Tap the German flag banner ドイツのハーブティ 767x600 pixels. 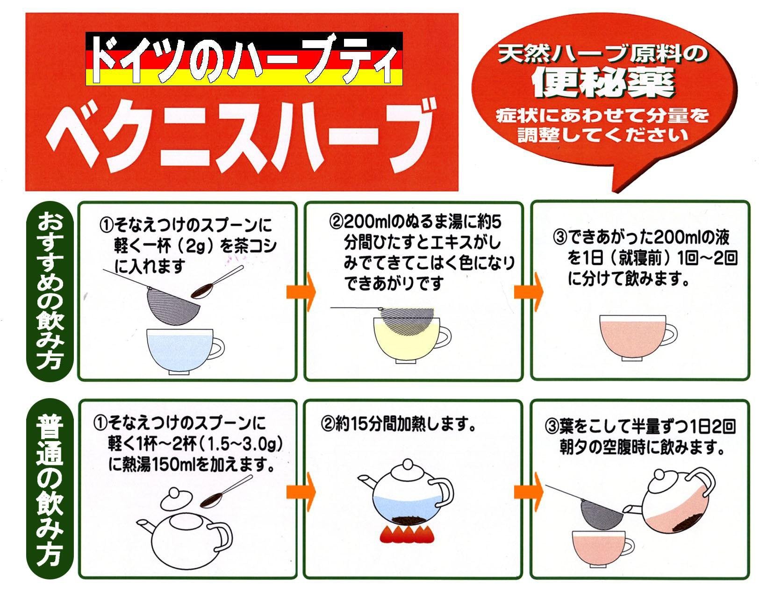tap(244, 58)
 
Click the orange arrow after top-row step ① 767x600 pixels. tap(301, 292)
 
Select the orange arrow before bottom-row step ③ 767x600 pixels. tap(528, 492)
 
